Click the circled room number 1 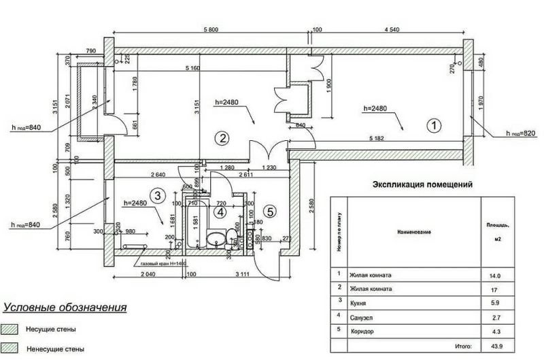432,125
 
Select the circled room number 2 222,138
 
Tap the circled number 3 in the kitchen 158,196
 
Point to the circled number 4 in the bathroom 220,212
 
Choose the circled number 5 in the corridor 270,212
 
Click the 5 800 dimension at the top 211,29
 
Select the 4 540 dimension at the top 394,29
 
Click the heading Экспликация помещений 422,184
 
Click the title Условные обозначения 65,308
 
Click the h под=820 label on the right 521,133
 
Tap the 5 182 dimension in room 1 381,139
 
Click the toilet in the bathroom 233,237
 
